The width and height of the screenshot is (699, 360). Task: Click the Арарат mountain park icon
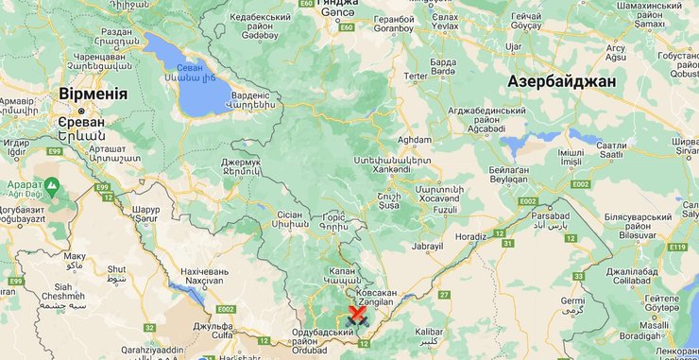(x=51, y=185)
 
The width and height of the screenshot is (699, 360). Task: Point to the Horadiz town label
(x=470, y=236)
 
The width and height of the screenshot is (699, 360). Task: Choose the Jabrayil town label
(x=427, y=246)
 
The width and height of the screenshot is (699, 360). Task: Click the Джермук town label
(x=241, y=162)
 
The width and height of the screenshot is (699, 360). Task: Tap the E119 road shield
(x=675, y=247)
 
